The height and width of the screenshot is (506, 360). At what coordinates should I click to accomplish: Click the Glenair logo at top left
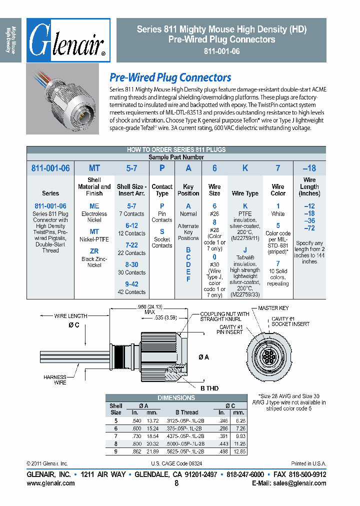tap(68, 40)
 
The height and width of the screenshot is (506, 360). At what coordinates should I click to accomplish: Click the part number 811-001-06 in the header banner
tap(221, 51)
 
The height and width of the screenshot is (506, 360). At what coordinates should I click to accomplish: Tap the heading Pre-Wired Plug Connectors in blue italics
tap(170, 77)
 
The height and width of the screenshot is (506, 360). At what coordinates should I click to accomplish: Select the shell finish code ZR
tap(94, 251)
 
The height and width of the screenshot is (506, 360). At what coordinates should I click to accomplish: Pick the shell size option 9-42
tap(131, 284)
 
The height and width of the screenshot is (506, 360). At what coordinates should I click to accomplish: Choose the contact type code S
tap(161, 231)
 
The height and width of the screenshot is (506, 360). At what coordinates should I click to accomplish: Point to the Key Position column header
tap(188, 190)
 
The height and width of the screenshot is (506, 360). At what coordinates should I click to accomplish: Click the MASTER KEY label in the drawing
tap(273, 308)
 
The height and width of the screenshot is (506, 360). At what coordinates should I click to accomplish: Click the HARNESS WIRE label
tap(54, 379)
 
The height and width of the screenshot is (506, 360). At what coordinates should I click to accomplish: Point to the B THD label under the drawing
tap(209, 388)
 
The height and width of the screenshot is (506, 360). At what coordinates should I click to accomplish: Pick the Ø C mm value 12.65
tap(238, 451)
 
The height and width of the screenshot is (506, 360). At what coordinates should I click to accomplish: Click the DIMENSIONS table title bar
tap(176, 398)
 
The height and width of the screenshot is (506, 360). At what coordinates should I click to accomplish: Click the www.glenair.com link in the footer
tap(50, 483)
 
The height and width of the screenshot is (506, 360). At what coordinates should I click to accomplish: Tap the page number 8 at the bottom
tap(176, 483)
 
